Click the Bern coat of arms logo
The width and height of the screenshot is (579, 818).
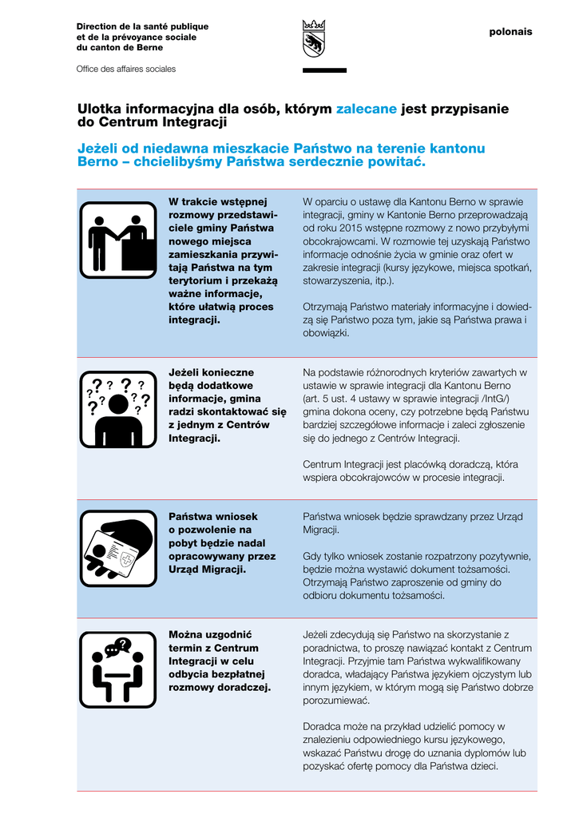314,38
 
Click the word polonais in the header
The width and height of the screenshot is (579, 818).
510,32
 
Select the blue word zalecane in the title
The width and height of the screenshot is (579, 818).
366,109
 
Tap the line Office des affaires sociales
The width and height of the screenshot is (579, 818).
125,69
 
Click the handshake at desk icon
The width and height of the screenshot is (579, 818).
118,240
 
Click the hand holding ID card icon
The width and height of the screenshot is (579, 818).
118,548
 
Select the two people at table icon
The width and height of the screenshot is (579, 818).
118,669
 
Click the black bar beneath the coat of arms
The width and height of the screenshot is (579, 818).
324,70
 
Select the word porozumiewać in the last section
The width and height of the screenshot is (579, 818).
336,700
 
